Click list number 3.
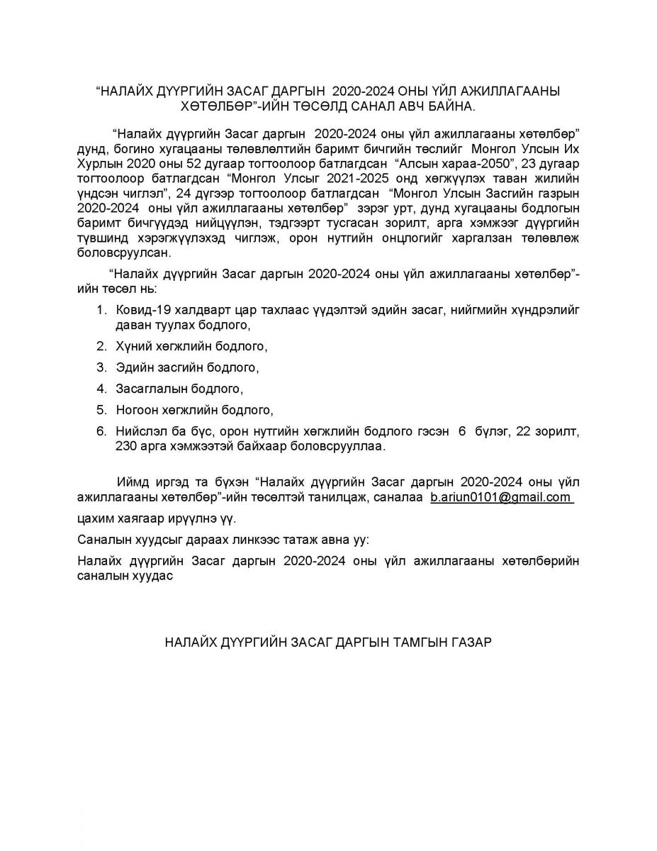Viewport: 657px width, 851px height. coord(101,368)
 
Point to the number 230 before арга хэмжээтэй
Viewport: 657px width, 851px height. coord(128,446)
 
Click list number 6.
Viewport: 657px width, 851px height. coord(101,431)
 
